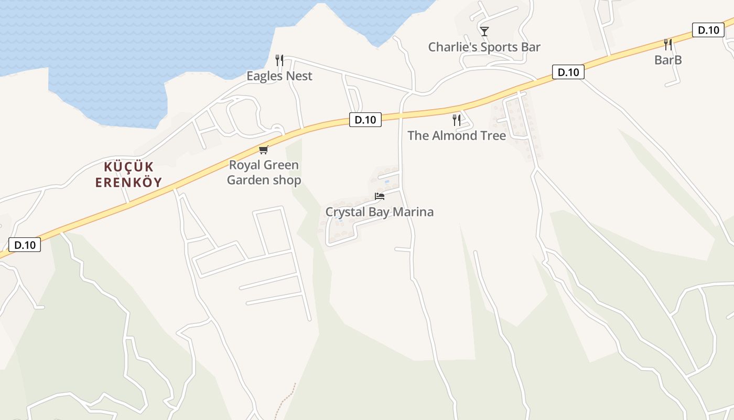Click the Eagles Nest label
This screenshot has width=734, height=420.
279,76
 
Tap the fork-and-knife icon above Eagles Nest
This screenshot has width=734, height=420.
279,60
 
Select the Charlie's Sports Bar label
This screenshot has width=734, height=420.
484,47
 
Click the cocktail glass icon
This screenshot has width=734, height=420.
484,31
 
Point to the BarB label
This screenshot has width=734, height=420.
668,60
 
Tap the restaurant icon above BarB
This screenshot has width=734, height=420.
668,45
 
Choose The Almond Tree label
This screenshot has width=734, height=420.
456,135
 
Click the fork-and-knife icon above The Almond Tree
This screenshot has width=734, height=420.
457,120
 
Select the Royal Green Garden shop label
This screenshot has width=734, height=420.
264,172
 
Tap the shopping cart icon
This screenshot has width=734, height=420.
264,150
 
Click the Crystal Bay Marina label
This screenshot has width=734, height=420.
379,212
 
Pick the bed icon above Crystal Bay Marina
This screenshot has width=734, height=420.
380,196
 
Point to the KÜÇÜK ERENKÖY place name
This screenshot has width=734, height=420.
128,175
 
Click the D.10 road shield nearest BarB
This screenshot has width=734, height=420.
708,30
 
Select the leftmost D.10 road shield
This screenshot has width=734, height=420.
25,245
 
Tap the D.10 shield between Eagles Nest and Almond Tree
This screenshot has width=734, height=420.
365,120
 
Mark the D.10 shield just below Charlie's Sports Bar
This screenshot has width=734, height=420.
568,72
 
